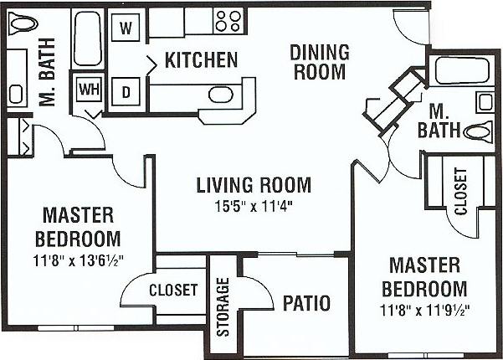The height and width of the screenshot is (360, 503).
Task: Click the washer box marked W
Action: click(126, 26)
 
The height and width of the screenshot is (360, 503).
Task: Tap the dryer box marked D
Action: click(127, 90)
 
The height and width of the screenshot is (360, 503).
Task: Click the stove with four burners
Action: click(226, 19)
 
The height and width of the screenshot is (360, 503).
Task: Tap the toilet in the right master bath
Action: click(478, 131)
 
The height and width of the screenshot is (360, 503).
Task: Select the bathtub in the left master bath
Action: click(86, 43)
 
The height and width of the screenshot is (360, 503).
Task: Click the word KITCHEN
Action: click(201, 60)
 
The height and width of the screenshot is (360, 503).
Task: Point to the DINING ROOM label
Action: click(318, 62)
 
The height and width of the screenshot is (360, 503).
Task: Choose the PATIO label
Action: click(306, 302)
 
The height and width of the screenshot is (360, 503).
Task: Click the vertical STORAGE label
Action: click(223, 307)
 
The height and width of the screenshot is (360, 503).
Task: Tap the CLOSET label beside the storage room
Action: click(173, 291)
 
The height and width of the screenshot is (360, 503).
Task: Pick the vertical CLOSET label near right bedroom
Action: click(460, 192)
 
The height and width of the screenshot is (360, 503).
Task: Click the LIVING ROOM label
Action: click(254, 184)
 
